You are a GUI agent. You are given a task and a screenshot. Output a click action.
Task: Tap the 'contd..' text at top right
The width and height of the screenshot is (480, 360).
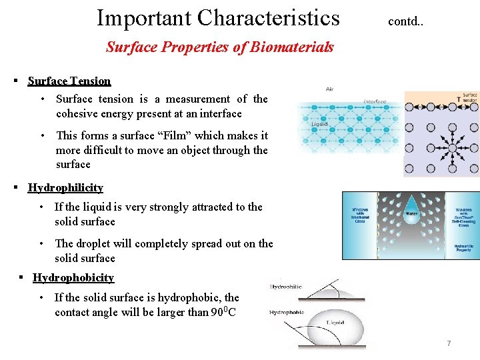click(405, 21)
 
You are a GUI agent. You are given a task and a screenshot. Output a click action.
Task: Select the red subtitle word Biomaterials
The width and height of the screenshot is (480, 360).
click(295, 47)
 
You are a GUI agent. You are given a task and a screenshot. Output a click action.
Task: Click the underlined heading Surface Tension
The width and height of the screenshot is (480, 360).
click(69, 81)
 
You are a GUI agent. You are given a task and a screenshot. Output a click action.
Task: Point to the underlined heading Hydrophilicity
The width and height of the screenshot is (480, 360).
click(65, 187)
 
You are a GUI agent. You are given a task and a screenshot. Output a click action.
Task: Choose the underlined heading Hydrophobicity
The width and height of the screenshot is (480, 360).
click(73, 277)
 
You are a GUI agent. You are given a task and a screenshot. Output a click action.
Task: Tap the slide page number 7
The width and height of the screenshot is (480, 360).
click(449, 343)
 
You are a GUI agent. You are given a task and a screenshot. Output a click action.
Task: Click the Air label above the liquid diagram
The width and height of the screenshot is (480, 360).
click(329, 89)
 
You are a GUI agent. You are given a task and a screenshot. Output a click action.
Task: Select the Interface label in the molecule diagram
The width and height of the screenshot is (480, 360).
click(375, 102)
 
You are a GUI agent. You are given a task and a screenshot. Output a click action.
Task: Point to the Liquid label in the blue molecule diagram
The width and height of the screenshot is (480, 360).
click(319, 125)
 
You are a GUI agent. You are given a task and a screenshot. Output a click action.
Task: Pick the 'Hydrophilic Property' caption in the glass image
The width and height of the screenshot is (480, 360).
click(463, 248)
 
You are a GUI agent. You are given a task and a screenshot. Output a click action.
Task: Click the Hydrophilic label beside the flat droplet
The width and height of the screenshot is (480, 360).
click(286, 287)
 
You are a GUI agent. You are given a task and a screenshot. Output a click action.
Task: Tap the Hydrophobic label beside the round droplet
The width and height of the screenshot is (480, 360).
click(287, 312)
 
